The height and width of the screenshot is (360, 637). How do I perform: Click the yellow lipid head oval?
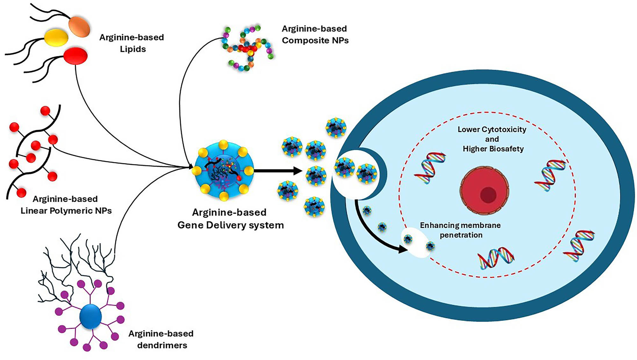[56, 38]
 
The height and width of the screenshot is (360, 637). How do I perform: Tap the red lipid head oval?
[75, 56]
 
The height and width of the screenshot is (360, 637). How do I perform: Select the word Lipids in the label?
[133, 49]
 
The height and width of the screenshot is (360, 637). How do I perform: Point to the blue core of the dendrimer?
[91, 316]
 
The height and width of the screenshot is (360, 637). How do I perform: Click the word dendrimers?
[162, 345]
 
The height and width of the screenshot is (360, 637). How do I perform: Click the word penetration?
[461, 235]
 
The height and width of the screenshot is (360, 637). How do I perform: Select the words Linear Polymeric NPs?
[66, 211]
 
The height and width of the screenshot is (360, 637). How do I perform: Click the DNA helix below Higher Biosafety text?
[430, 168]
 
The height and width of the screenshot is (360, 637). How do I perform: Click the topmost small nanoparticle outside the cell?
[336, 127]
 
